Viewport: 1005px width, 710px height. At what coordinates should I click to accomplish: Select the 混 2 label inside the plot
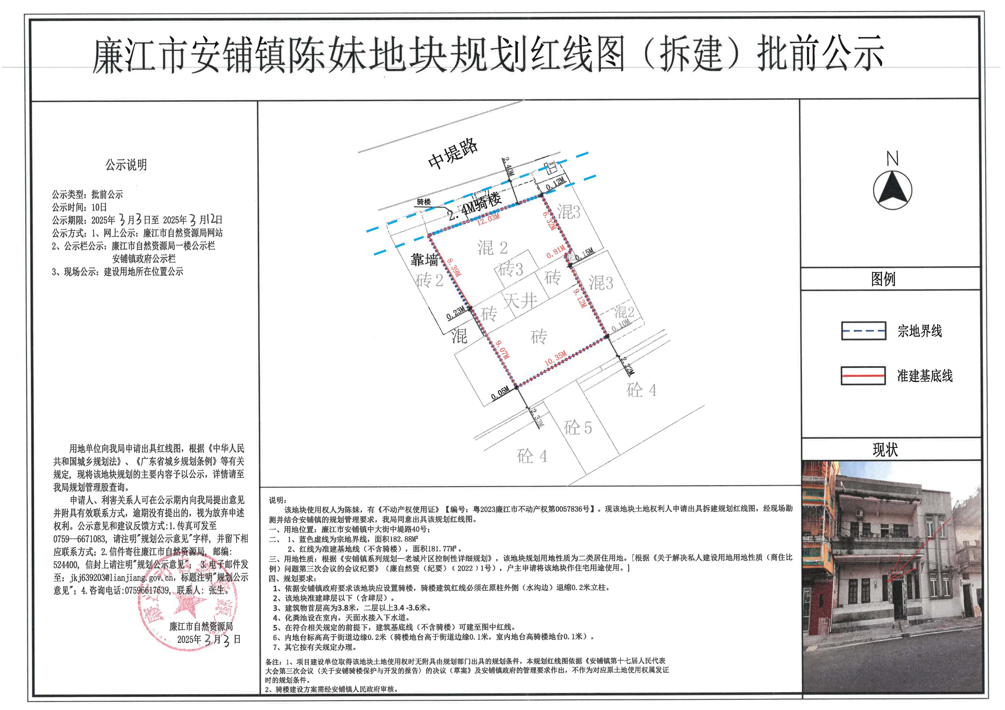[492, 248]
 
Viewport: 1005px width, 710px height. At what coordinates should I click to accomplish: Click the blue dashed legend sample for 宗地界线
[864, 331]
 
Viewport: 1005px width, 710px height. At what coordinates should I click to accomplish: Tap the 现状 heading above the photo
[885, 449]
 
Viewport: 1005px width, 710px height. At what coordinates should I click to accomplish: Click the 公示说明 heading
[126, 165]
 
